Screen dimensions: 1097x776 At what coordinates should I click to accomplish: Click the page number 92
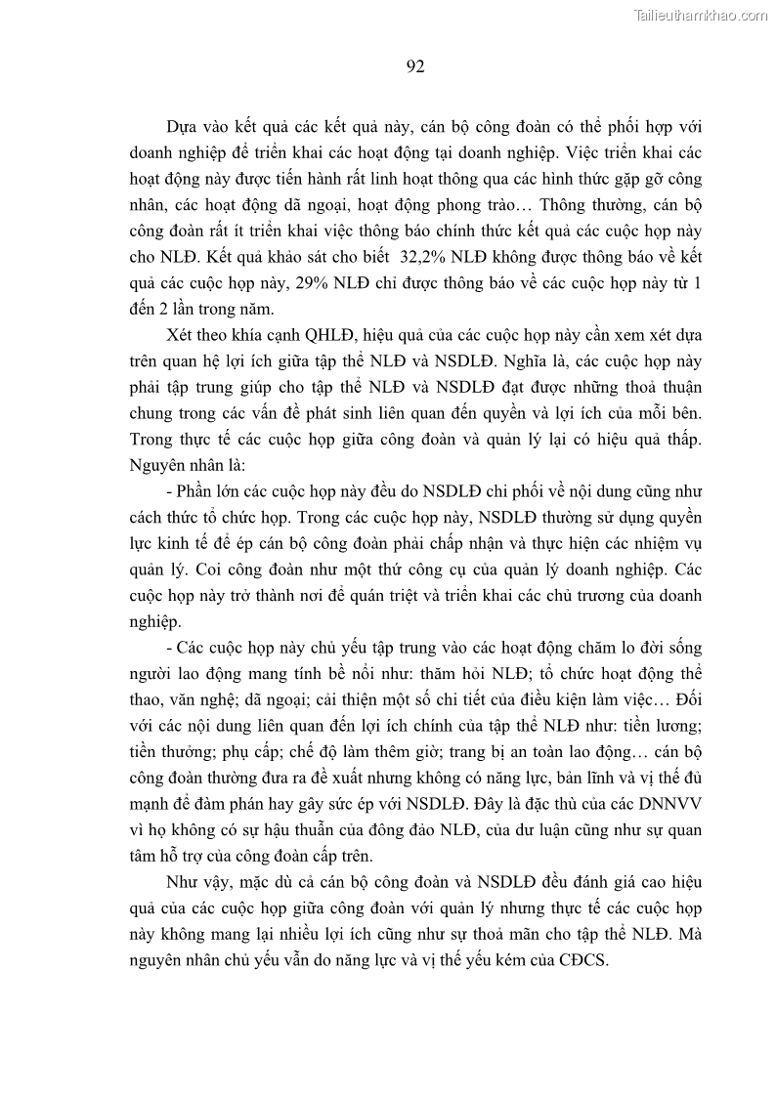tap(413, 66)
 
